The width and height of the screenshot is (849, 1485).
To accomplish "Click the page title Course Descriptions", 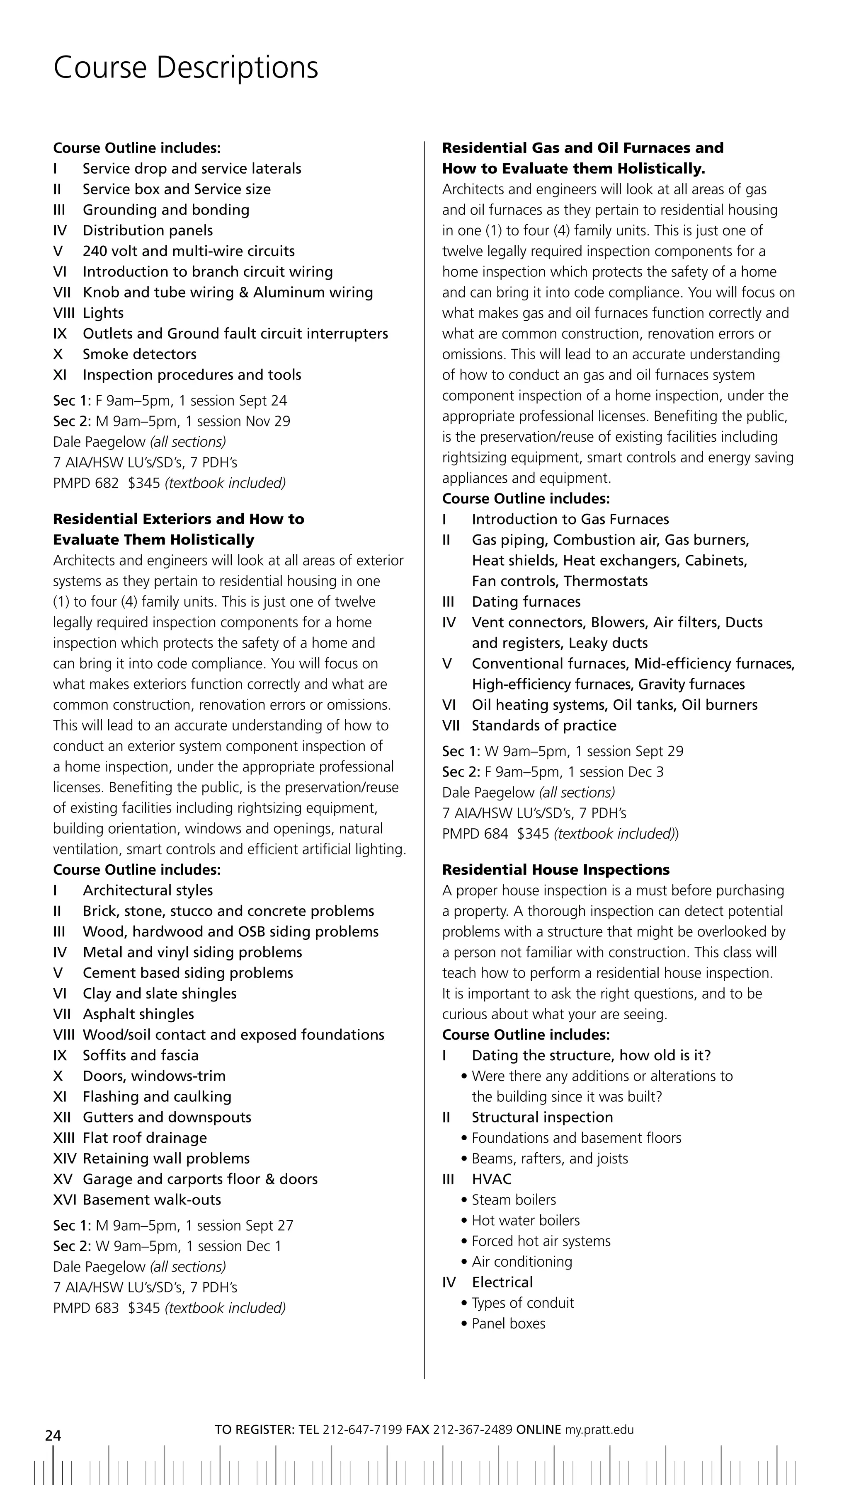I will point(185,67).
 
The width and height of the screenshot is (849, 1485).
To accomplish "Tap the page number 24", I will point(53,1435).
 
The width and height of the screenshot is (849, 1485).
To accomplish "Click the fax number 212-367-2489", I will point(472,1429).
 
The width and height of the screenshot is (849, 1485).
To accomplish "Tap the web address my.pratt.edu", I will point(599,1429).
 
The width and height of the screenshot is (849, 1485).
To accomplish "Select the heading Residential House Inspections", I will point(555,870).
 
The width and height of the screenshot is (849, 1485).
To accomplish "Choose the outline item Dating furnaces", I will point(526,602).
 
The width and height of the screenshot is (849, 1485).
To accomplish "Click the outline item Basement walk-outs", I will point(152,1200).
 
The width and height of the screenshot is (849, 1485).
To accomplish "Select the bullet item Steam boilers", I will point(514,1200).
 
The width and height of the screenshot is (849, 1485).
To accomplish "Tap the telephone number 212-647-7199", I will point(361,1429).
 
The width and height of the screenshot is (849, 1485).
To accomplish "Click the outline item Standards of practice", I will point(543,726).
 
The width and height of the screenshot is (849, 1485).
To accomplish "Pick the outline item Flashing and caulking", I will point(157,1096).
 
